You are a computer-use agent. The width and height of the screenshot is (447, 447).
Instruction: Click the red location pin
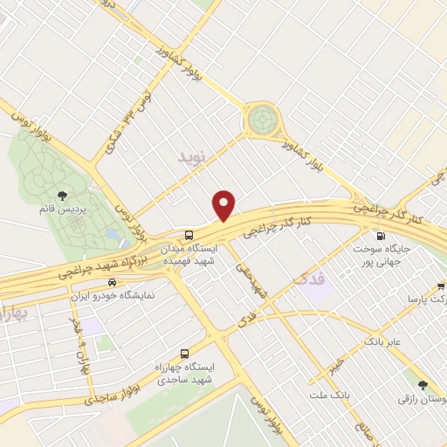(225, 204)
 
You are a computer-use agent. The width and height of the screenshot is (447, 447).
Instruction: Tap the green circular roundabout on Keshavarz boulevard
(261, 120)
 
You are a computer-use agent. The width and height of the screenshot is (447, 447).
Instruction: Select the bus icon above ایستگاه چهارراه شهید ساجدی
(183, 354)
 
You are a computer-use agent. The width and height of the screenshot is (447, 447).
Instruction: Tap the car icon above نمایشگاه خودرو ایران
(112, 282)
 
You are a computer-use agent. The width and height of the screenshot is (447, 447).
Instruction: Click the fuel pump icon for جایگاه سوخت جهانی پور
(380, 236)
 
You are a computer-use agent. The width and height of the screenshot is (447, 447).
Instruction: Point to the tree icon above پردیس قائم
(62, 196)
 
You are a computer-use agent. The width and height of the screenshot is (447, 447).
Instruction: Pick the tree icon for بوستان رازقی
(423, 384)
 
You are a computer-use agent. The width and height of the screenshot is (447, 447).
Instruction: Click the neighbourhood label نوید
(194, 158)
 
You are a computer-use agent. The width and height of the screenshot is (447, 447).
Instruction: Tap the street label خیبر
(337, 359)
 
